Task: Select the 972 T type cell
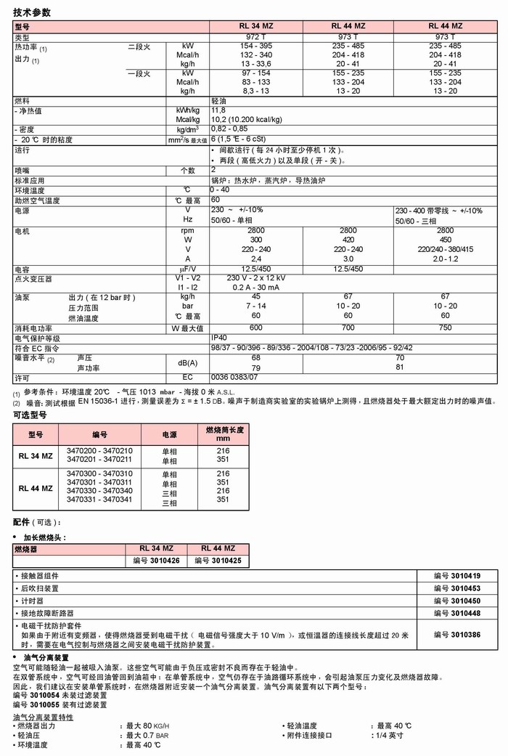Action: (255, 36)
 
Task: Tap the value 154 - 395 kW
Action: (255, 46)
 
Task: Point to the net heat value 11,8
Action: (218, 110)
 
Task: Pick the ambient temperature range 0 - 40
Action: (219, 190)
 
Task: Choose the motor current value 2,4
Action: (255, 259)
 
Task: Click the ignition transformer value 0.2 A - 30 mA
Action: (255, 287)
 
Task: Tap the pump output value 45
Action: (255, 296)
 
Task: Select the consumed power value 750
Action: (445, 328)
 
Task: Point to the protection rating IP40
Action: (219, 338)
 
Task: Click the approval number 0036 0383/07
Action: (234, 378)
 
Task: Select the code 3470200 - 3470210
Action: (99, 451)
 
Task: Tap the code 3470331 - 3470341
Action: (99, 500)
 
